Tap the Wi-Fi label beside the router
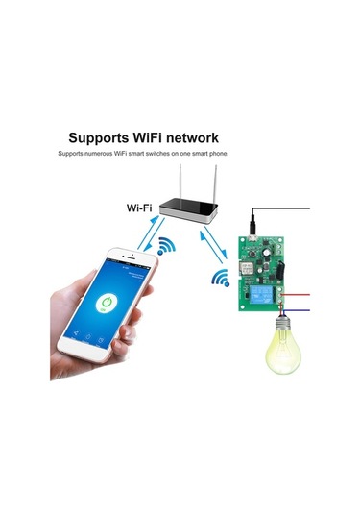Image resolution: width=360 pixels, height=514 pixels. [x=141, y=207]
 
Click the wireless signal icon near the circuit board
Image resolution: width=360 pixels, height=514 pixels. [x=221, y=278]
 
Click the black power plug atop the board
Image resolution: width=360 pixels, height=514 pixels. [x=252, y=222]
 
